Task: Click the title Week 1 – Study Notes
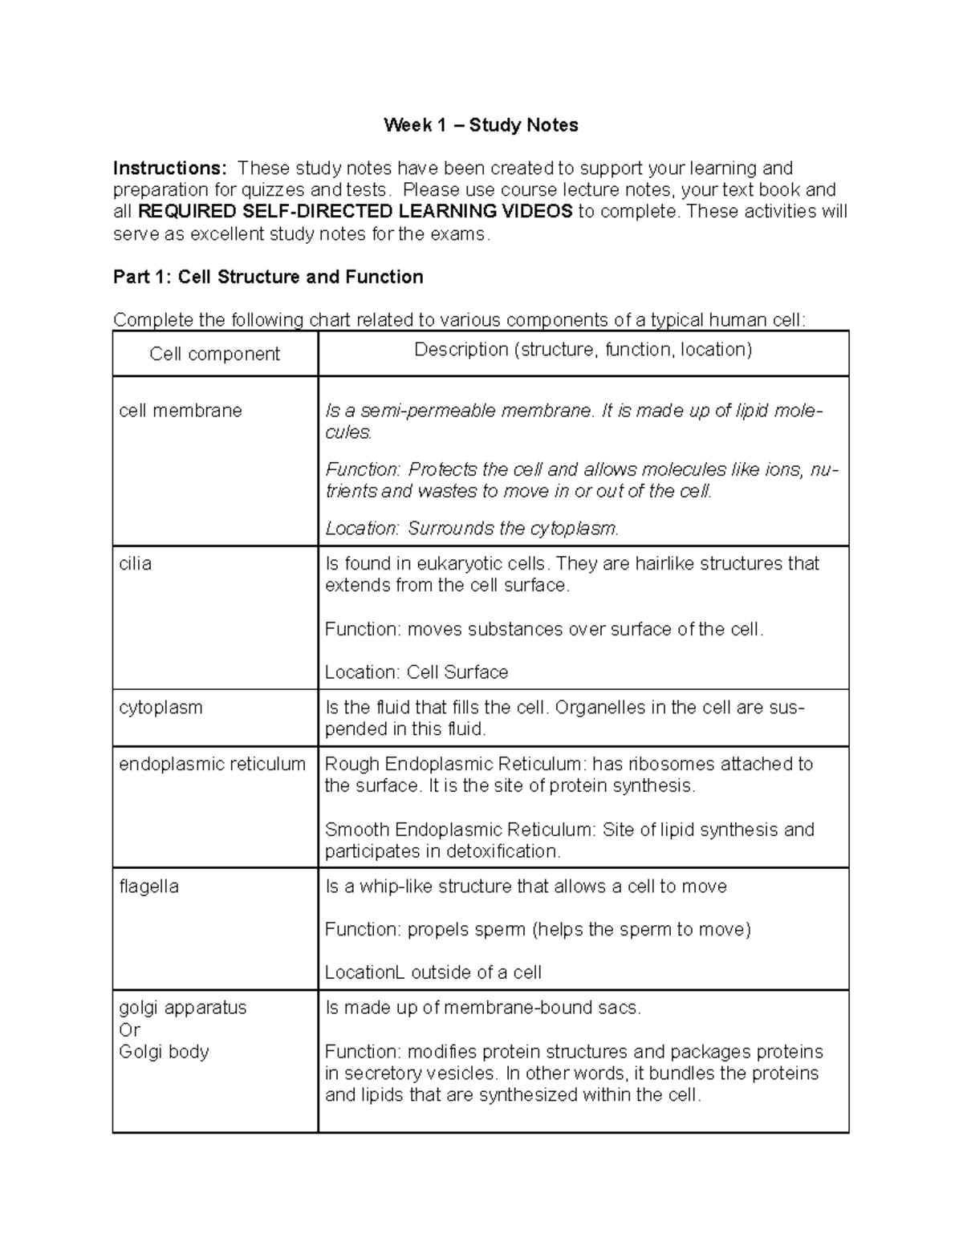(481, 125)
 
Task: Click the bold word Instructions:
(169, 168)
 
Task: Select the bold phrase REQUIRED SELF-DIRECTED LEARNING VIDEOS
(356, 212)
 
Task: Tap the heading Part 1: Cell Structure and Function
(268, 277)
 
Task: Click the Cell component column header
(214, 354)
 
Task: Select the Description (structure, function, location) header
(583, 350)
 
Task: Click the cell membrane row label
(180, 411)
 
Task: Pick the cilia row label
(135, 564)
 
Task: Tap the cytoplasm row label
(160, 708)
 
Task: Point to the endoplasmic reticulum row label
(212, 764)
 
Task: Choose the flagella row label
(148, 887)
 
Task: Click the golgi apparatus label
(182, 1008)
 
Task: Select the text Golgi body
(164, 1052)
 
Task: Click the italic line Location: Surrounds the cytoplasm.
(472, 529)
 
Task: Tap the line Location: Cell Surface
(416, 672)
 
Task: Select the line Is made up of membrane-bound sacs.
(482, 1009)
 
